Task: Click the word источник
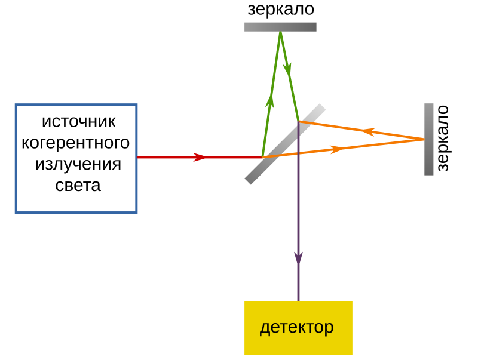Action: tap(78, 121)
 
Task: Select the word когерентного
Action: tap(75, 143)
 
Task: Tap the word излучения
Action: tap(78, 164)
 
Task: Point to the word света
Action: tap(78, 185)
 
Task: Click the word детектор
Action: tap(296, 327)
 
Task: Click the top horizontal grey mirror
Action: tap(280, 26)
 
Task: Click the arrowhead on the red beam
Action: tap(200, 157)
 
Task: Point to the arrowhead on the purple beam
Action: tap(298, 257)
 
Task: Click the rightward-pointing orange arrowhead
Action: tap(338, 149)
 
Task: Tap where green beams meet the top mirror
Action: tap(280, 32)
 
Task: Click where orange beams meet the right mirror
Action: tap(424, 139)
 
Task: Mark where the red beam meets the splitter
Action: tap(263, 157)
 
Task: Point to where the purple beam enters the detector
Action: tap(298, 301)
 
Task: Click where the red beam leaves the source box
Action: tap(138, 157)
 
